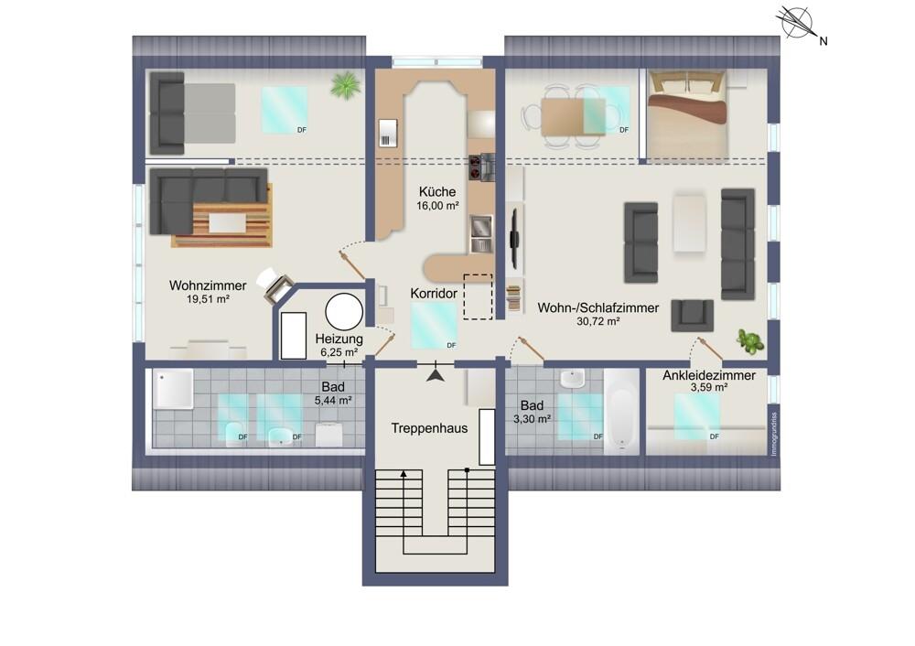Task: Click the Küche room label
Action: [437, 191]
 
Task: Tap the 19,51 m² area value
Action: [208, 299]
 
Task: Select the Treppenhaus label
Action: [429, 428]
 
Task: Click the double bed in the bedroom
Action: [687, 113]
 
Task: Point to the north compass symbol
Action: [797, 24]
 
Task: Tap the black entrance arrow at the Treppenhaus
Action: [436, 372]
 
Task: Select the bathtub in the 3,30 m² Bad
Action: [621, 412]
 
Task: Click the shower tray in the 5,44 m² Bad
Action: [173, 389]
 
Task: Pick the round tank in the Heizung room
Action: [344, 312]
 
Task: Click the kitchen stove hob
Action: [481, 167]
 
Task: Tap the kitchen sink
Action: [481, 233]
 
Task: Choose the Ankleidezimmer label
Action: [709, 376]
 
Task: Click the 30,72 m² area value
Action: [598, 321]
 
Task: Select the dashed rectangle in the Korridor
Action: [478, 296]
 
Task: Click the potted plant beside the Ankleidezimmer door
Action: [750, 340]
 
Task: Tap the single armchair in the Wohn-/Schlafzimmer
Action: [692, 315]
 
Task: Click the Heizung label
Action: [339, 339]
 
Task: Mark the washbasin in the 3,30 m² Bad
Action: [573, 380]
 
